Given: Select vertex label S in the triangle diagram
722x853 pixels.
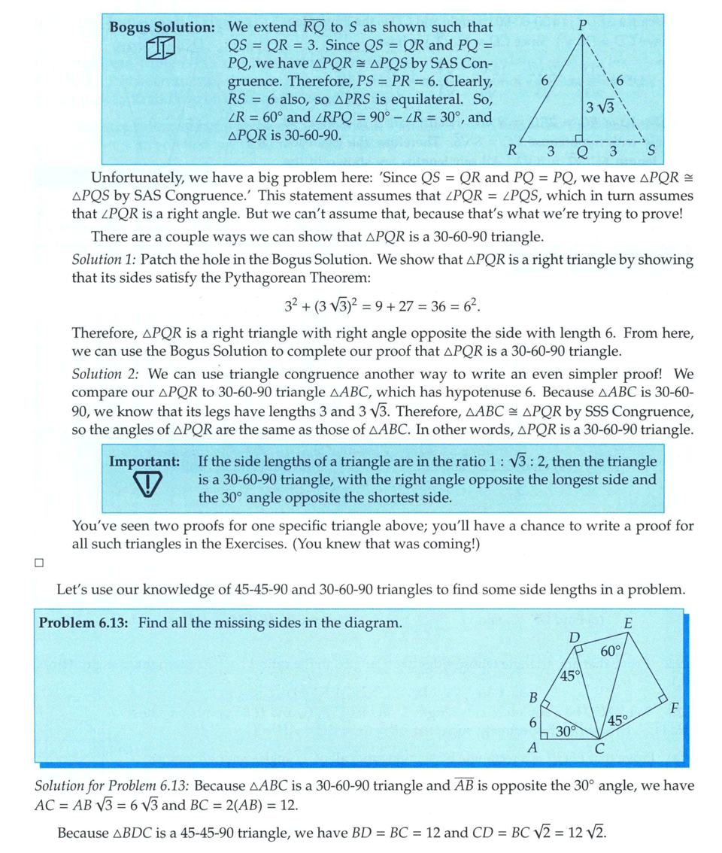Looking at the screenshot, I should [652, 151].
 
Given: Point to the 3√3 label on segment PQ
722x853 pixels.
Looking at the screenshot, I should [601, 106].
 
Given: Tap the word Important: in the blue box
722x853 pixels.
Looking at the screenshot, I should [144, 461].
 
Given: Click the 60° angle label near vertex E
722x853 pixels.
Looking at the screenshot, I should [611, 651].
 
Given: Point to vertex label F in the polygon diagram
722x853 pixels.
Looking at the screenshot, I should [674, 708].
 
